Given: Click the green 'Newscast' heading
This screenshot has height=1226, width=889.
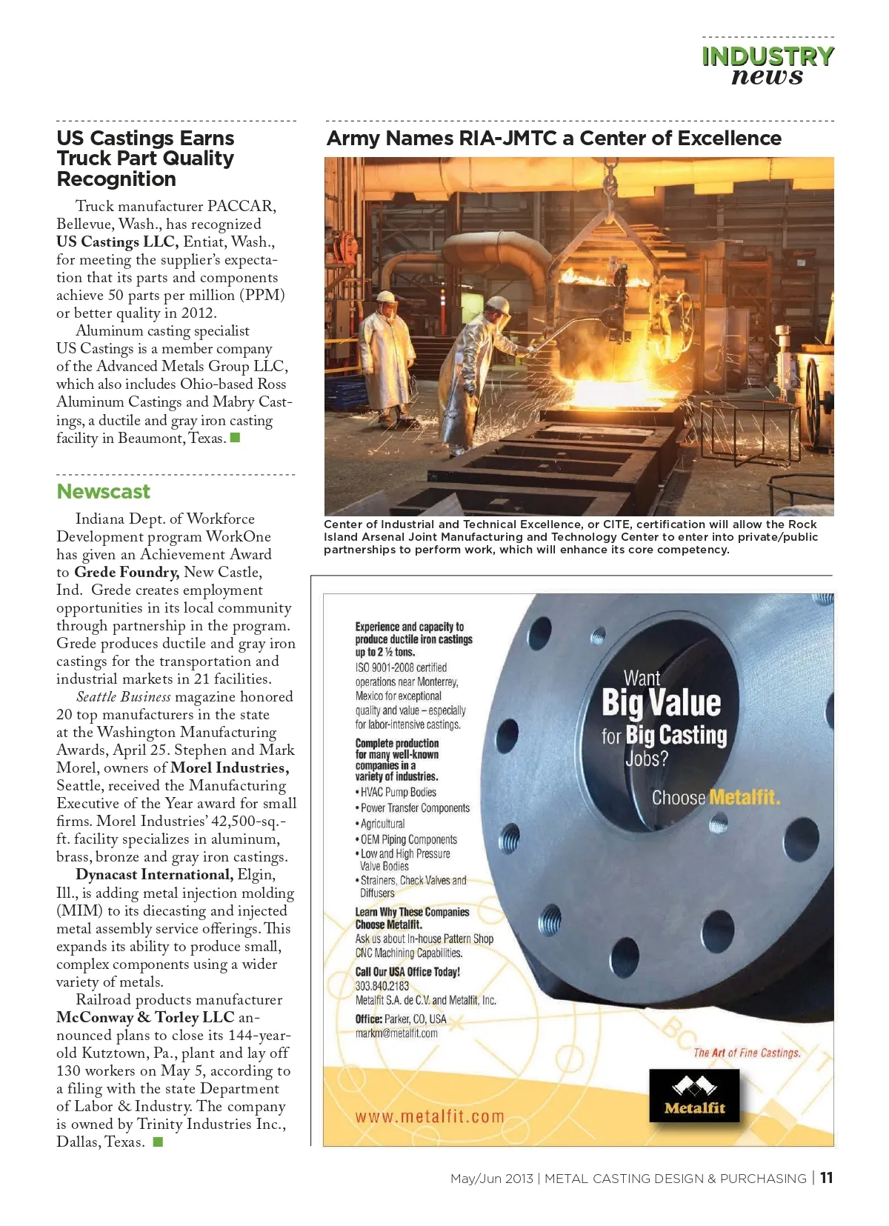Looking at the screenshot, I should (x=103, y=492).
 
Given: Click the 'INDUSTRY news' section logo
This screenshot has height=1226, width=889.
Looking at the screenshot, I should (x=768, y=66).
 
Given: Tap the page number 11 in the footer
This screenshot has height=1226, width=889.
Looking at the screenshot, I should (x=827, y=1178).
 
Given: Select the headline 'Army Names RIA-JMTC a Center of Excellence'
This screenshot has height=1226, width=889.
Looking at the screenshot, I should (x=554, y=139).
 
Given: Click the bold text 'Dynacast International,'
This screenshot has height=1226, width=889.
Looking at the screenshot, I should (x=154, y=875).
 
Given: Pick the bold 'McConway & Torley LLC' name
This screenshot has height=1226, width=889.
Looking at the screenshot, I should (x=145, y=1018).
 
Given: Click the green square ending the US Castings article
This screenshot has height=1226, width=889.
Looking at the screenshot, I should (x=236, y=438).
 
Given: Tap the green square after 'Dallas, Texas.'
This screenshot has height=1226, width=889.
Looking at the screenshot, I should (x=157, y=1142).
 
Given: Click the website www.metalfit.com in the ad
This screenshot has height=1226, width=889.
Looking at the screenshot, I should (x=430, y=1117).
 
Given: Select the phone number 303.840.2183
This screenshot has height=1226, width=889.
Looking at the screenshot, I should (x=382, y=986).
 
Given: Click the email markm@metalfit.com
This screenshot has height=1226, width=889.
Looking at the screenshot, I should (x=396, y=1033).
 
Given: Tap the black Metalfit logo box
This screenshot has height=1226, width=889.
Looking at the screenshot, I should (x=694, y=1096).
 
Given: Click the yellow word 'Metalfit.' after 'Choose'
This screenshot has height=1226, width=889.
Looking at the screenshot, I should (x=744, y=798).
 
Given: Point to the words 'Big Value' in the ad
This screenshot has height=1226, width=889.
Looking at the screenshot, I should (x=661, y=703).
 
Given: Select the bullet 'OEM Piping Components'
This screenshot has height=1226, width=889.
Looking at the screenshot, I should (x=408, y=839).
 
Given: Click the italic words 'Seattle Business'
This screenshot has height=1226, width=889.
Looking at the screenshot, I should (x=124, y=697).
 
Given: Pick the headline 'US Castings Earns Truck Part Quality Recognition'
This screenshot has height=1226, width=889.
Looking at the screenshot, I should (x=145, y=159).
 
